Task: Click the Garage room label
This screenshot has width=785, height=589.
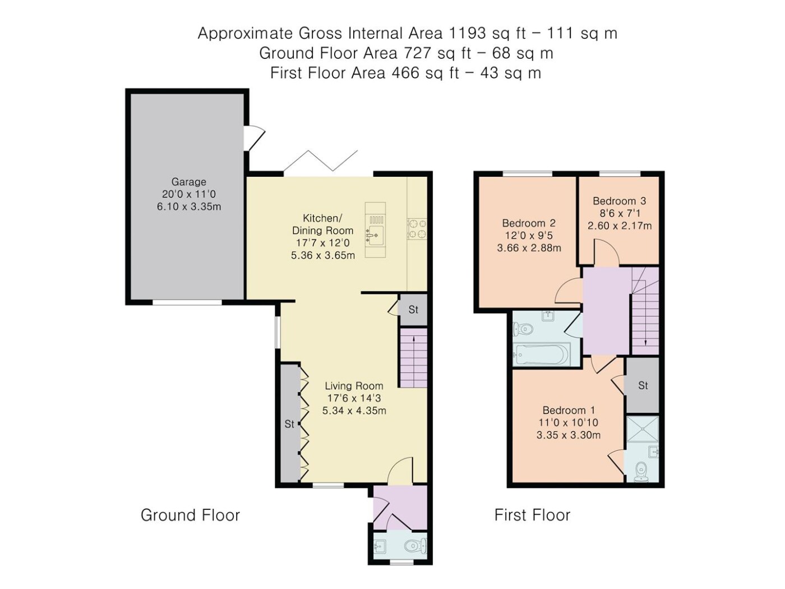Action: pyautogui.click(x=188, y=182)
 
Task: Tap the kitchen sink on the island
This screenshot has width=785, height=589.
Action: pyautogui.click(x=375, y=235)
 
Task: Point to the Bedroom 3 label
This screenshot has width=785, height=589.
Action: pyautogui.click(x=619, y=201)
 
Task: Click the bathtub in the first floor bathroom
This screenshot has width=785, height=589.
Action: pyautogui.click(x=541, y=355)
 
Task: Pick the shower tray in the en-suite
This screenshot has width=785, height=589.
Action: pyautogui.click(x=642, y=430)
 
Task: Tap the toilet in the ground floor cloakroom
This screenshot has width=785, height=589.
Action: pyautogui.click(x=416, y=546)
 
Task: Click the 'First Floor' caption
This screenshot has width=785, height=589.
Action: pyautogui.click(x=532, y=516)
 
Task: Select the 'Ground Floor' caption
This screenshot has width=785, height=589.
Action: pyautogui.click(x=190, y=516)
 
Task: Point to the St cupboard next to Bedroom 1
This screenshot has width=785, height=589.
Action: pyautogui.click(x=643, y=385)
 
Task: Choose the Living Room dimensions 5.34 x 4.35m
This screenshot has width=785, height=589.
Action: pyautogui.click(x=354, y=411)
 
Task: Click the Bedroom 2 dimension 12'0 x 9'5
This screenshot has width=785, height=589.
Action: pyautogui.click(x=529, y=236)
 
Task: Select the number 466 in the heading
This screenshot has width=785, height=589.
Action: pyautogui.click(x=405, y=73)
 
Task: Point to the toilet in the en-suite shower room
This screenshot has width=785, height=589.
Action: pyautogui.click(x=642, y=472)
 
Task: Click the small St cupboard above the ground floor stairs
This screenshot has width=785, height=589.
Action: pyautogui.click(x=413, y=310)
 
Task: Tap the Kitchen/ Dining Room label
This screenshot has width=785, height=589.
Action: pyautogui.click(x=322, y=224)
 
